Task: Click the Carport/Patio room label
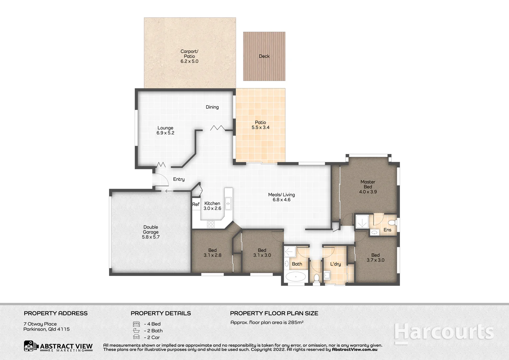click(x=189, y=54)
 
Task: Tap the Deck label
click(x=264, y=56)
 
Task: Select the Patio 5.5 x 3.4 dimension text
click(x=260, y=127)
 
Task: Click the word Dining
click(x=212, y=107)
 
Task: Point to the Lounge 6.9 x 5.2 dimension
click(x=165, y=133)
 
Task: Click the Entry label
click(x=179, y=179)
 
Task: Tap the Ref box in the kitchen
click(x=196, y=204)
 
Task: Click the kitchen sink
click(x=228, y=203)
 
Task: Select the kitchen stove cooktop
click(x=210, y=224)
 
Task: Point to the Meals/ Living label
click(x=281, y=195)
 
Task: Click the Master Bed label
click(x=368, y=184)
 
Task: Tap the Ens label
click(x=387, y=230)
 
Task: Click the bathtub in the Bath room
click(x=296, y=277)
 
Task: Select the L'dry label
click(x=335, y=264)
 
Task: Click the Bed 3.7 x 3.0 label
click(x=375, y=258)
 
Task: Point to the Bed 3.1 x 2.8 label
click(x=212, y=253)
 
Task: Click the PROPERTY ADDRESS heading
click(x=56, y=313)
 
